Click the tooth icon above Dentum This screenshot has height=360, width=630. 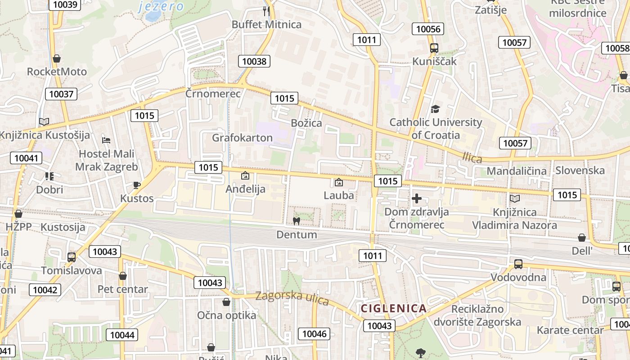coord(296,221)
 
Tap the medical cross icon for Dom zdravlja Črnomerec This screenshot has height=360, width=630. coord(417,198)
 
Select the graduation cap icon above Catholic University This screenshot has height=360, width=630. coord(435,109)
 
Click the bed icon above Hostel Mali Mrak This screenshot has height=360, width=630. coord(106,140)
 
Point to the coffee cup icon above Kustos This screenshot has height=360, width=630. coord(137,185)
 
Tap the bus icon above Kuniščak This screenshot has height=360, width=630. coord(434,48)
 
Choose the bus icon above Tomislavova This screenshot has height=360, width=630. coord(72,257)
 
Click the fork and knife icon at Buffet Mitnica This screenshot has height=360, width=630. coord(266,11)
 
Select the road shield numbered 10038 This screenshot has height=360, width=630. coord(254,61)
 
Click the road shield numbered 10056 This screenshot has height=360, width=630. coord(428,29)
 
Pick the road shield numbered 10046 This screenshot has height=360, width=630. coord(315,333)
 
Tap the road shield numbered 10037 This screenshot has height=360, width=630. coord(61,94)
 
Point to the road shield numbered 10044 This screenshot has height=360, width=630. coord(122,335)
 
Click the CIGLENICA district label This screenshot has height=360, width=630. coord(394,309)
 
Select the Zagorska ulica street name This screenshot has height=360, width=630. coord(292,297)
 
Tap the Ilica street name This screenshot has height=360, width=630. coord(472,158)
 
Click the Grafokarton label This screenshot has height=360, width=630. coord(242,138)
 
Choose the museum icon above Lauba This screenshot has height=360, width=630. coord(339,182)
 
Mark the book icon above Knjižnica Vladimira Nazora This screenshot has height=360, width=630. coord(514,198)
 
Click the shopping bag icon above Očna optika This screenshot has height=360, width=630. coord(226,302)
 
